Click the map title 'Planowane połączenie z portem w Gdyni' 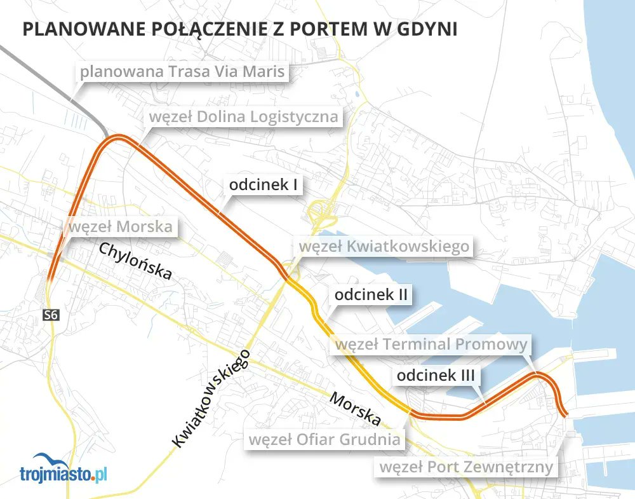pos(239,31)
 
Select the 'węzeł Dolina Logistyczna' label pos(243,117)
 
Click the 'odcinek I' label pos(264,185)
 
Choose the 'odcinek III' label pos(436,375)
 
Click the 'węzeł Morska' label pos(121,226)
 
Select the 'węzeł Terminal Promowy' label pos(432,344)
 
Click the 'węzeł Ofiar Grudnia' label pos(324,439)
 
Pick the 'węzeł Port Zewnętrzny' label pos(467,468)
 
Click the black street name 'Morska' pos(355,410)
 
